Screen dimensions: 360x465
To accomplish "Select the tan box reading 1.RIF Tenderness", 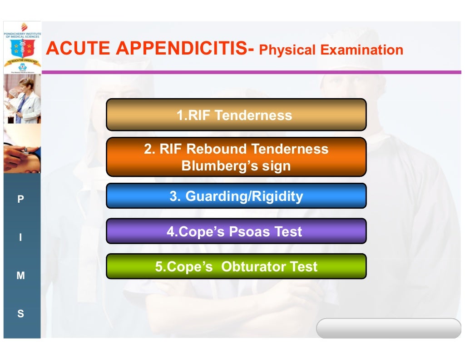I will click(x=236, y=115).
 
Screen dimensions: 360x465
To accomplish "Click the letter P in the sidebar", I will click(x=20, y=199).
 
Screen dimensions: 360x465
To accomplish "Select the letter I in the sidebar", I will click(x=20, y=238).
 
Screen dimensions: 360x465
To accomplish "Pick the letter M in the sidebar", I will click(x=20, y=275).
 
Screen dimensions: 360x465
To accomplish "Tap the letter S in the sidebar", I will click(x=20, y=314).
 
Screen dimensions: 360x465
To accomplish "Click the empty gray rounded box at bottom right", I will click(x=388, y=328).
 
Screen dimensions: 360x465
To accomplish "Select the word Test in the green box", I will click(x=304, y=266).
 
